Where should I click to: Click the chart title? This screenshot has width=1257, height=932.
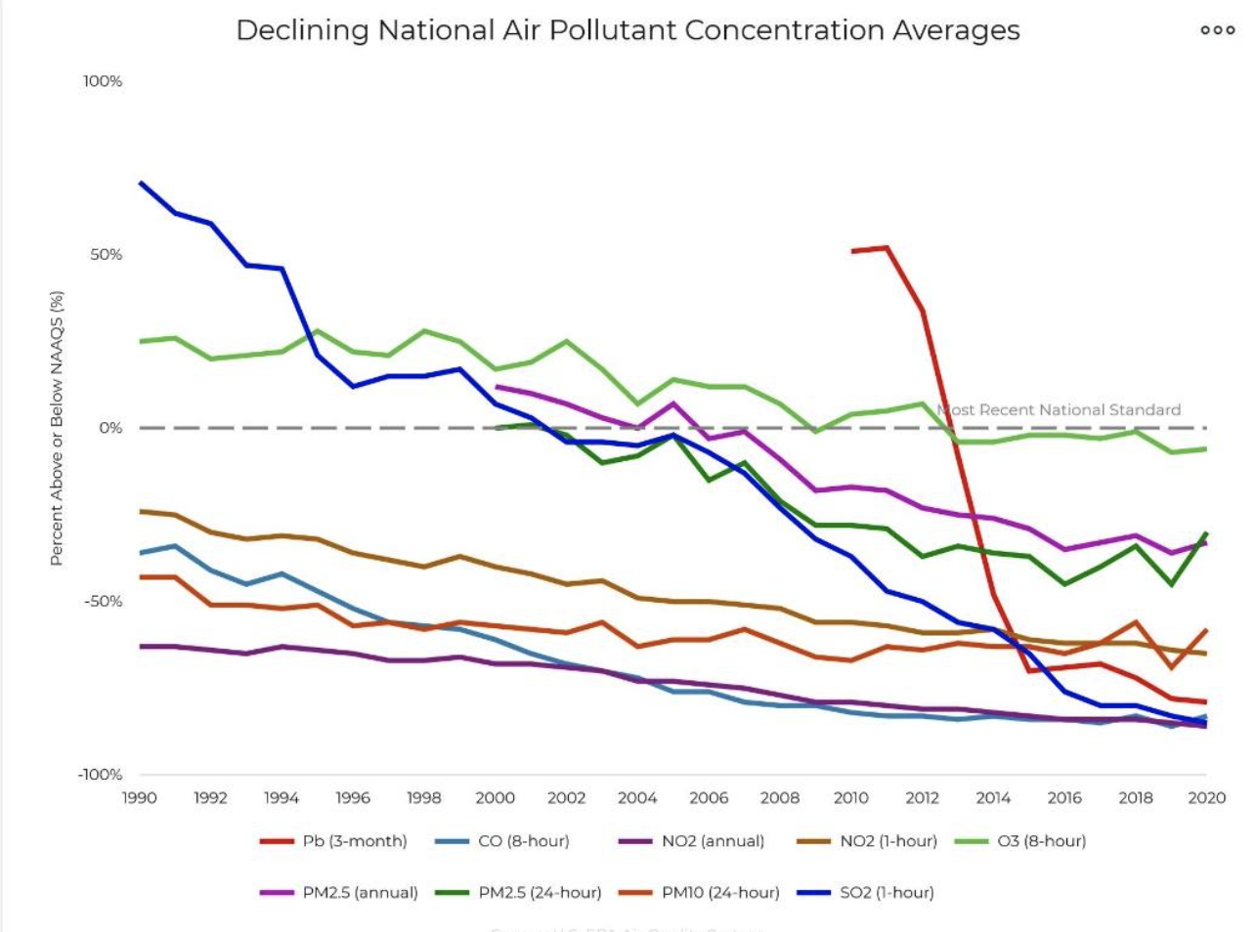pos(628,30)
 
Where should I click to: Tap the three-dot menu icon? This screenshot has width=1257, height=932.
pos(1217,30)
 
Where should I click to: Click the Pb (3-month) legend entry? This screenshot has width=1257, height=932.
pos(333,841)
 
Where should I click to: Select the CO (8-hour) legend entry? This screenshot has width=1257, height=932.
pos(502,841)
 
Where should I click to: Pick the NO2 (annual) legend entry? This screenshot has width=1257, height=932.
pos(692,841)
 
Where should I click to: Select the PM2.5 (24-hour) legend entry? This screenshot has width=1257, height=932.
pos(518,893)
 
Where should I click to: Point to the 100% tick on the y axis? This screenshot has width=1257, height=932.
pos(103,81)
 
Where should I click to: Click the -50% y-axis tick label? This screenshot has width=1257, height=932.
pos(103,602)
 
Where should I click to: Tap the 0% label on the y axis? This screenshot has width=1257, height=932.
pos(110,428)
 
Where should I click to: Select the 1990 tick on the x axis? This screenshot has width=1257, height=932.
pos(140,798)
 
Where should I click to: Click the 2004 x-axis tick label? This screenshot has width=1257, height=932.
pos(637,798)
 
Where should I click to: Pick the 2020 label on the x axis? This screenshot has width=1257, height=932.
pos(1206,798)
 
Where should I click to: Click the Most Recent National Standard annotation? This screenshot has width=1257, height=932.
pos(1060,410)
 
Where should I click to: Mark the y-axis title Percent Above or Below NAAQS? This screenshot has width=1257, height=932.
pos(57,428)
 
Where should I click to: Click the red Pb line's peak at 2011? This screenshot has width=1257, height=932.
pos(887,248)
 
